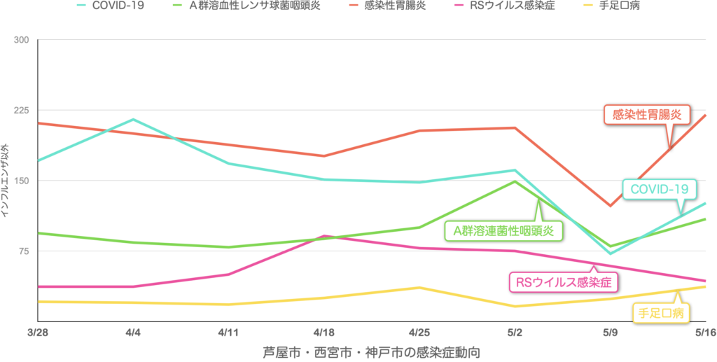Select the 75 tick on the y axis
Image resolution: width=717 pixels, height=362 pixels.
tap(23, 251)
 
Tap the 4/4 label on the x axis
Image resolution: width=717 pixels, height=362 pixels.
tap(132, 330)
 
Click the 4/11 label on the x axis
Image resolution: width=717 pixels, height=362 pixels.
tap(229, 330)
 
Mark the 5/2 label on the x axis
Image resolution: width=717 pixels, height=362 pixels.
tap(515, 330)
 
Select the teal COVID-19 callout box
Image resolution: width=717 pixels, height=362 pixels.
tap(659, 189)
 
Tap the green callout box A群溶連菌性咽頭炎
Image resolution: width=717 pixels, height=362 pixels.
tap(503, 230)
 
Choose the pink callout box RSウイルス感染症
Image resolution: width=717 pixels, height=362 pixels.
tap(564, 283)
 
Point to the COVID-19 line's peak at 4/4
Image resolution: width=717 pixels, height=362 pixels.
tap(132, 120)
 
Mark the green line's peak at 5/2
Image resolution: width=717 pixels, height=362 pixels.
tap(515, 181)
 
